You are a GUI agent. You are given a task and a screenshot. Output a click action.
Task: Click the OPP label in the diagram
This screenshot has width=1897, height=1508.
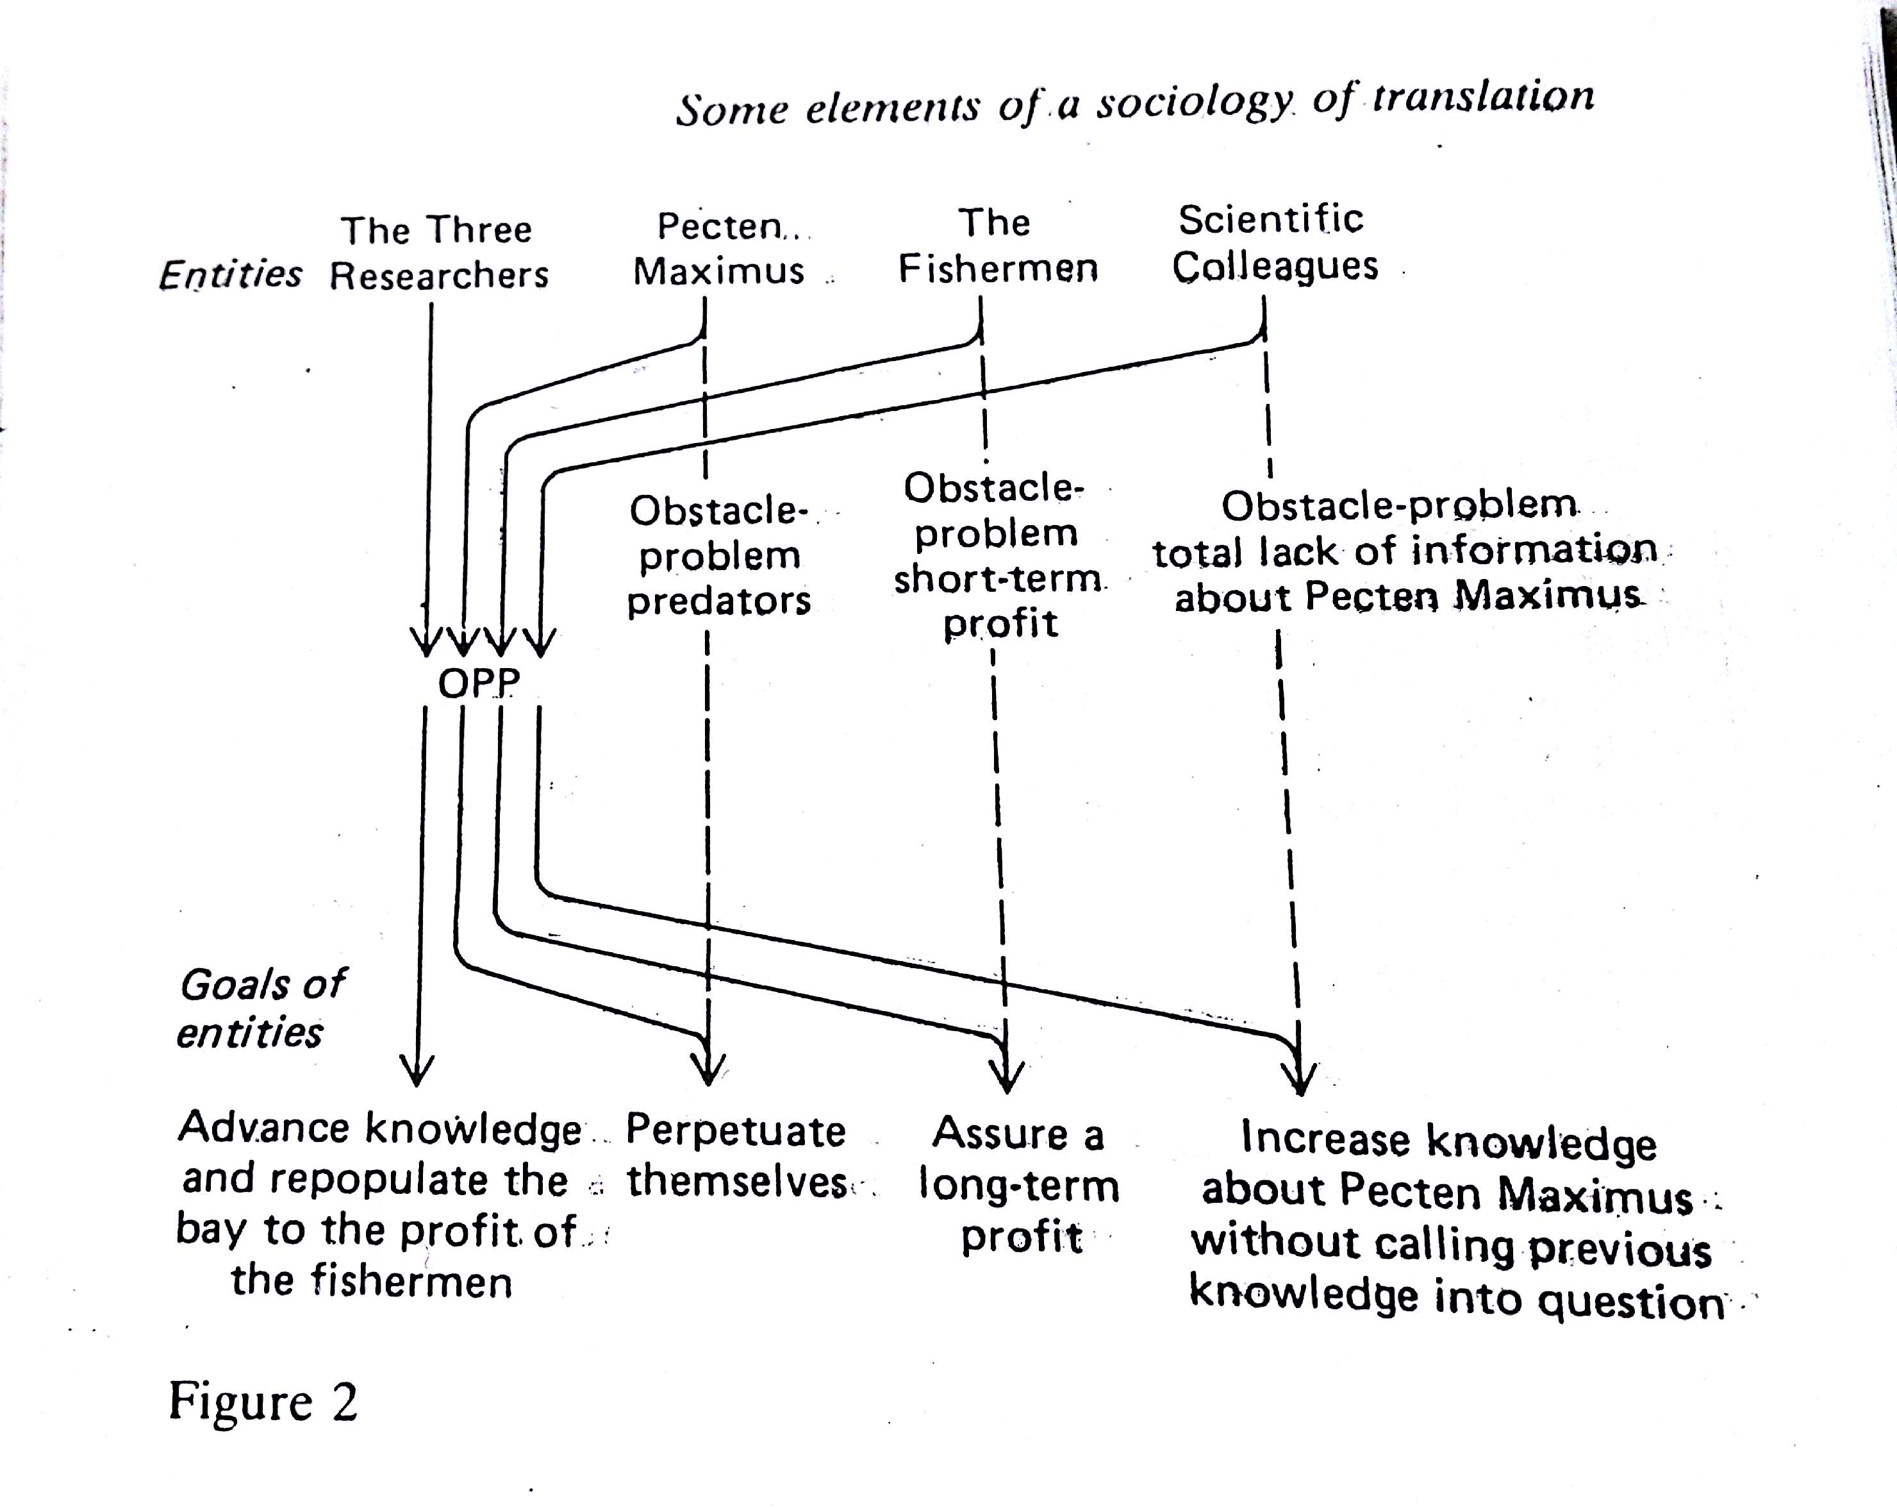479,683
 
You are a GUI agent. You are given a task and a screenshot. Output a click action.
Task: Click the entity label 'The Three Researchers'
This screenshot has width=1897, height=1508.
438,253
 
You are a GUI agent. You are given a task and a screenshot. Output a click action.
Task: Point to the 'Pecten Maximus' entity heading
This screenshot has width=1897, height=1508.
720,249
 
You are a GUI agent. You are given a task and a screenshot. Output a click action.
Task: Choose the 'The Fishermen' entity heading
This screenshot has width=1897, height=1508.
998,246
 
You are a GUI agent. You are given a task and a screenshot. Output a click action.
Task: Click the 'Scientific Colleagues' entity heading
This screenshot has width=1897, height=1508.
1273,243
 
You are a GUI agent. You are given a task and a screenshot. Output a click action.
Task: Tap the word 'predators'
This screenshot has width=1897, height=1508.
719,601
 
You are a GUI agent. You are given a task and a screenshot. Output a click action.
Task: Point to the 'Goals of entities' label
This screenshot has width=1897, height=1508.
261,1008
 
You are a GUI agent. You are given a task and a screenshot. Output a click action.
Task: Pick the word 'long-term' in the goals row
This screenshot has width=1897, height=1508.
1019,1185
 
